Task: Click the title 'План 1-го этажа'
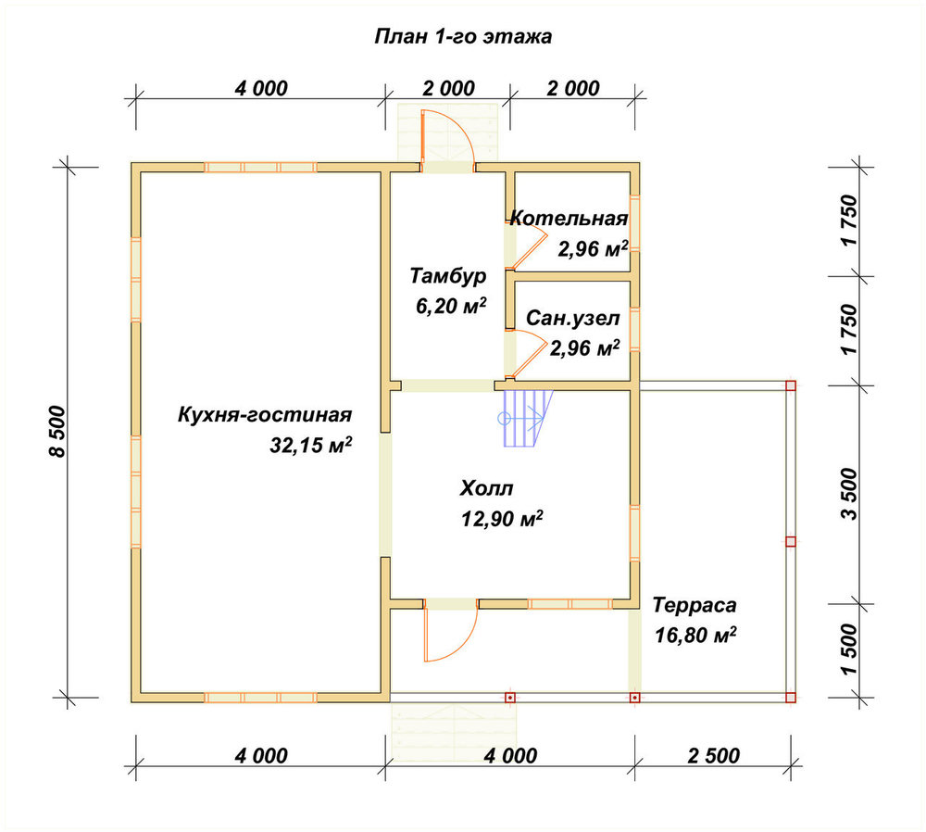click(x=463, y=37)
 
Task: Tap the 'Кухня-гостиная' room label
click(x=265, y=415)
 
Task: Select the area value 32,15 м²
click(x=310, y=445)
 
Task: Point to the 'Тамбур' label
click(x=448, y=276)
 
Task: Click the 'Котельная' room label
click(x=569, y=219)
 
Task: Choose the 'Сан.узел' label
click(x=573, y=319)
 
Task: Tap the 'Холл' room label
click(x=486, y=488)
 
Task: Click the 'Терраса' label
click(x=694, y=605)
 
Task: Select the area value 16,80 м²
click(x=695, y=636)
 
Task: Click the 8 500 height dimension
click(x=57, y=432)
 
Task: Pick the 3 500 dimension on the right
click(x=848, y=494)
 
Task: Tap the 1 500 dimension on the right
click(x=848, y=649)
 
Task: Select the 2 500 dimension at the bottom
click(x=713, y=756)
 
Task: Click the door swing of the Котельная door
click(x=529, y=245)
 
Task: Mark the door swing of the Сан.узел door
click(x=529, y=353)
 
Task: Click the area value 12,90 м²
click(x=502, y=519)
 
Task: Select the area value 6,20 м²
click(x=451, y=306)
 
